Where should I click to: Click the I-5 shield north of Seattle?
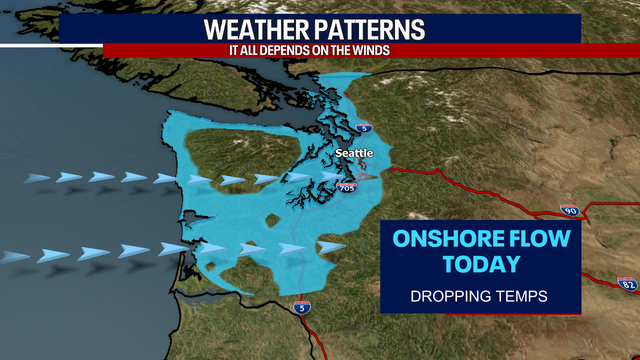click(x=364, y=128)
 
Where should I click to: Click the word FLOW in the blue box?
click(x=534, y=239)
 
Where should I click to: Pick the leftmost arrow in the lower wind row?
click(x=15, y=257)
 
